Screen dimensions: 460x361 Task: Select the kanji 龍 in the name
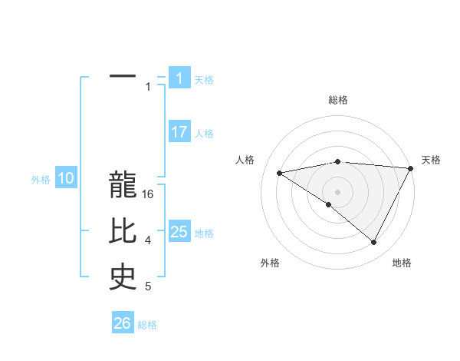(123, 186)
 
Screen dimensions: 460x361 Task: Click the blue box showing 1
(179, 78)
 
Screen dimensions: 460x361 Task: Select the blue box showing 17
(179, 132)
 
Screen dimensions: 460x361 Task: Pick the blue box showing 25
(179, 231)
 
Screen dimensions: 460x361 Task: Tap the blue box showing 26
(122, 323)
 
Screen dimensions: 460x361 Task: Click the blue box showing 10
(66, 179)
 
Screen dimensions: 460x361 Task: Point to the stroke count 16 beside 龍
(149, 194)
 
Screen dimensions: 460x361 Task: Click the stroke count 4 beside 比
(149, 240)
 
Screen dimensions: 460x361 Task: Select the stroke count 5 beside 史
(149, 286)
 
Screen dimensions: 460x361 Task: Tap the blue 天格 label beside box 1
(204, 79)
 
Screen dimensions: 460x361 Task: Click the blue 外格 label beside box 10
(41, 180)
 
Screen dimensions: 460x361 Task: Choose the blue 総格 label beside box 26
(147, 325)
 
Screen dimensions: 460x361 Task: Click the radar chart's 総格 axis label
(337, 100)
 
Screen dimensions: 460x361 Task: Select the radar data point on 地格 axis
(374, 243)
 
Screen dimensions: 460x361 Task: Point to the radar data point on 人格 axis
(280, 173)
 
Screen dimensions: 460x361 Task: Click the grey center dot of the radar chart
(337, 191)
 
